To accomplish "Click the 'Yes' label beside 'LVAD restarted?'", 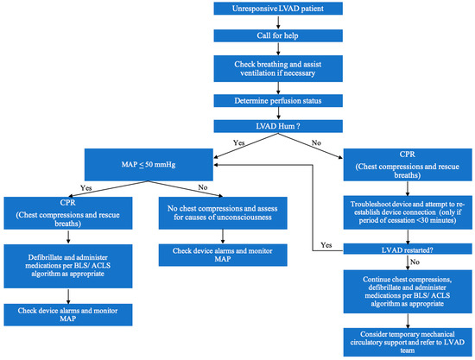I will click(326, 244).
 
